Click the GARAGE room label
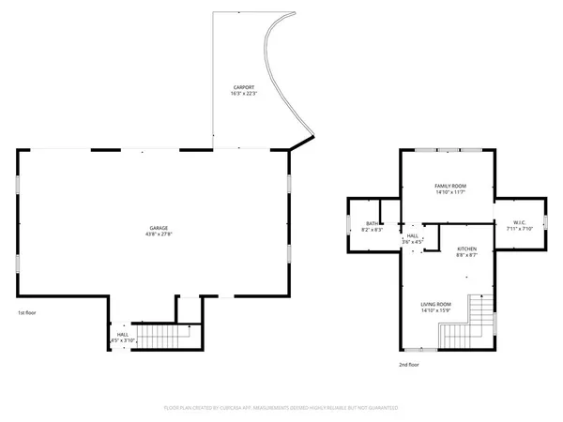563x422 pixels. tap(159, 228)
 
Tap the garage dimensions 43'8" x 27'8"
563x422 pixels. tap(159, 234)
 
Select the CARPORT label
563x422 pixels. tap(243, 87)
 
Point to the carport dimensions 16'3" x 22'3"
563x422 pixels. tap(243, 94)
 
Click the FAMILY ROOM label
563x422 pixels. tap(449, 186)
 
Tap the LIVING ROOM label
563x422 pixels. tap(435, 304)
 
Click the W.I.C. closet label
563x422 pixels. tap(519, 222)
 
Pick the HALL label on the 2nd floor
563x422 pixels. tap(411, 235)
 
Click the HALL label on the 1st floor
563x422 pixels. tap(123, 334)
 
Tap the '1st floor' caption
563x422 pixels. tap(27, 312)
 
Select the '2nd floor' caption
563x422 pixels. tap(409, 365)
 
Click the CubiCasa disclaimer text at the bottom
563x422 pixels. tap(281, 408)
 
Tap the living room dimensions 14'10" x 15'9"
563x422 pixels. tap(435, 310)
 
